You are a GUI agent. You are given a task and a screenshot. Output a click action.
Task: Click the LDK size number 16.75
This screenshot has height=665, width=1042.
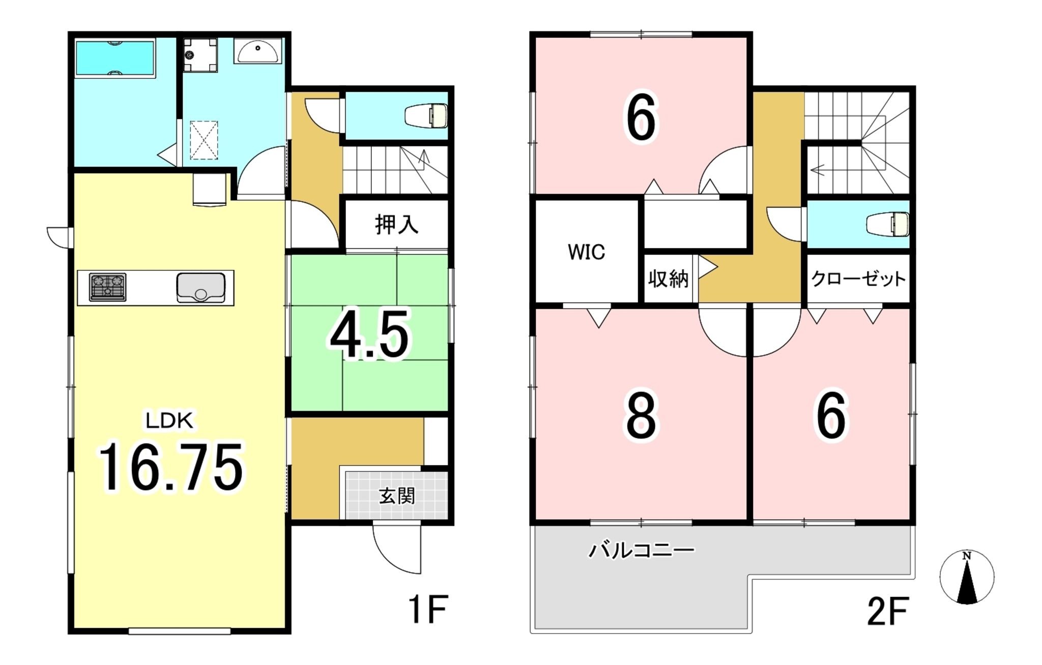click(171, 467)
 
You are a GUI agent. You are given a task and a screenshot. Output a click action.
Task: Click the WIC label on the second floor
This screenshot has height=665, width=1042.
click(586, 252)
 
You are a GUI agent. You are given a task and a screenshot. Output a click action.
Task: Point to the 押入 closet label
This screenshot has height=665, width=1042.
click(397, 224)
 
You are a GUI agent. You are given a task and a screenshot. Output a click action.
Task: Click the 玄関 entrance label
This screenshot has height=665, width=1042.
click(397, 496)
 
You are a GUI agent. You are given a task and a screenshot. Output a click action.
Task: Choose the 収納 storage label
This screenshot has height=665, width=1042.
click(669, 279)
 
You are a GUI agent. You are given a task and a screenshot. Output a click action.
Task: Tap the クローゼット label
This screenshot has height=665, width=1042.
click(858, 279)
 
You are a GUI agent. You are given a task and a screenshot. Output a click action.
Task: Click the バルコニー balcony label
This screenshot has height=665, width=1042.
click(641, 550)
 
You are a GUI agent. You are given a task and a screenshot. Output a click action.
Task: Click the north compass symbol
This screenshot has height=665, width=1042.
click(967, 577)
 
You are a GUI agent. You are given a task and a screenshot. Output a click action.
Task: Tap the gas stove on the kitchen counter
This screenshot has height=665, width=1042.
click(108, 287)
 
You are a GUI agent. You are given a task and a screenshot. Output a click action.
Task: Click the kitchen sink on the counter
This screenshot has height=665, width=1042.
click(201, 288)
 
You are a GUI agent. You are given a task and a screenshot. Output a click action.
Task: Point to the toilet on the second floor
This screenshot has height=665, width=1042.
click(888, 224)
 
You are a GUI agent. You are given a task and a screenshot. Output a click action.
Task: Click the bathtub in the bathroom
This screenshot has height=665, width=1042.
click(115, 58)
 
